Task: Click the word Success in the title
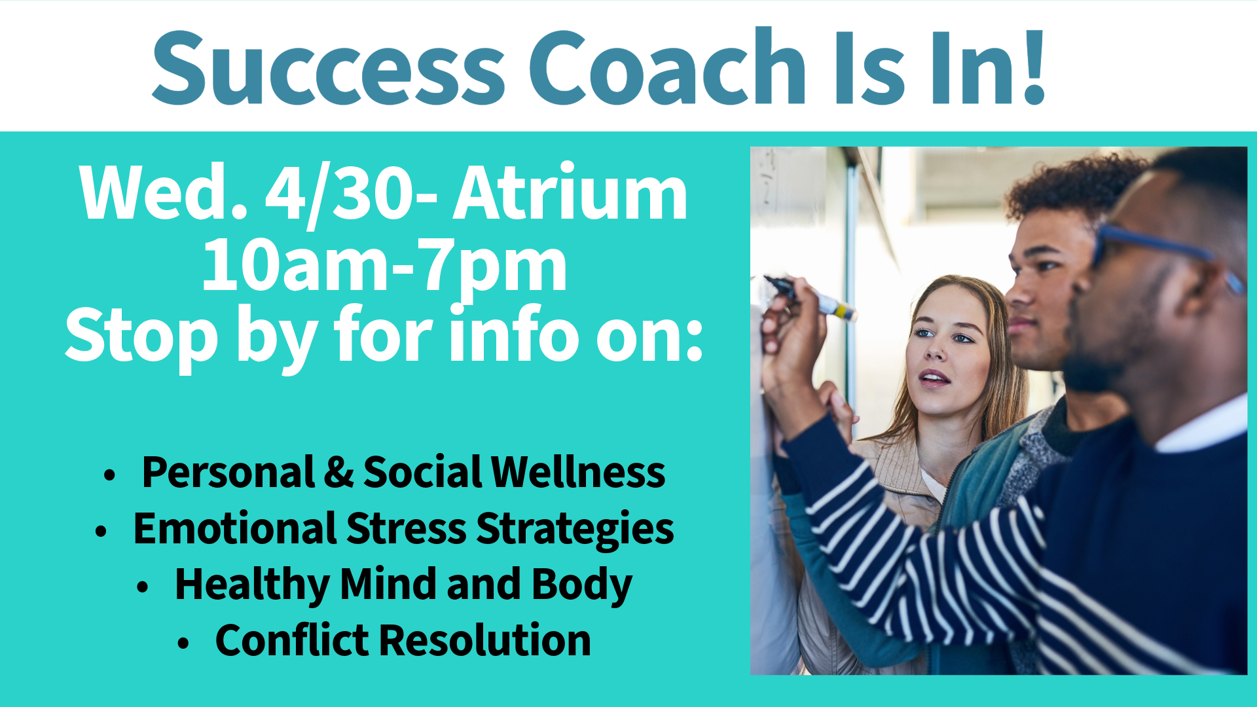(328, 67)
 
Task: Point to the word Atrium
(570, 192)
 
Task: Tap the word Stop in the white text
(141, 336)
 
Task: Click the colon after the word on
(693, 340)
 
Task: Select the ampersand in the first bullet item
(338, 472)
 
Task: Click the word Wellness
(578, 471)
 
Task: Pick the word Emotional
(234, 528)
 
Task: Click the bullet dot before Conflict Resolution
(183, 644)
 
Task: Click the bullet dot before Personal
(109, 475)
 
